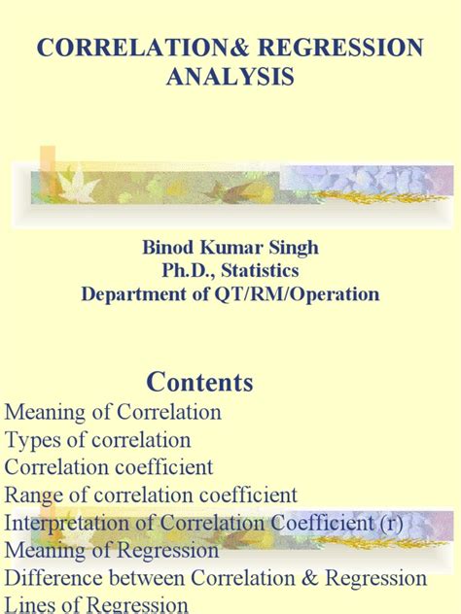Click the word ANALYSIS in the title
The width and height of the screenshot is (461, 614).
click(x=230, y=77)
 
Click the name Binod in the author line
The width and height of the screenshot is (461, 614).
click(x=171, y=247)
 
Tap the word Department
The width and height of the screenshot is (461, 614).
click(x=133, y=293)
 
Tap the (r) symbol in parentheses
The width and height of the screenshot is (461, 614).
click(x=416, y=523)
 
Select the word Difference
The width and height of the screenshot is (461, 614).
click(x=51, y=578)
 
